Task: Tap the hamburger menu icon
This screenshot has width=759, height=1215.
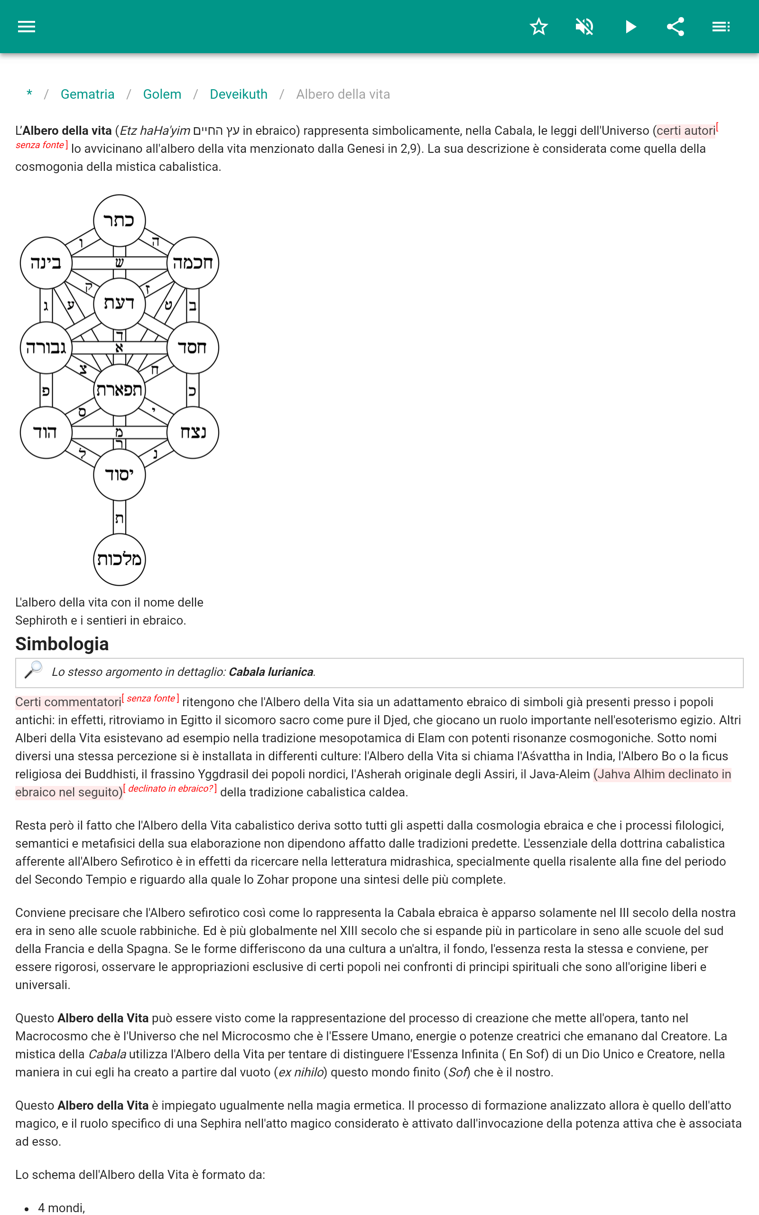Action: pos(27,27)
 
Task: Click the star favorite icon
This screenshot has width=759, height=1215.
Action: pos(538,27)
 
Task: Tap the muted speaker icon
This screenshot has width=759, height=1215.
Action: pos(584,27)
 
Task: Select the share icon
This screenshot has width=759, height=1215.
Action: pos(676,27)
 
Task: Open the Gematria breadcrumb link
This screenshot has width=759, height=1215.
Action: pos(87,94)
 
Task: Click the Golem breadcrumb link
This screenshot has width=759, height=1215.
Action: pos(162,94)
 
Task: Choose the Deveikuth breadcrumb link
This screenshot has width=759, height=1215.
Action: pos(239,94)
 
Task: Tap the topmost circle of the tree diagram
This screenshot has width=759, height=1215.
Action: pos(120,220)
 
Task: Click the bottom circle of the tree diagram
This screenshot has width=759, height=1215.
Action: pos(120,559)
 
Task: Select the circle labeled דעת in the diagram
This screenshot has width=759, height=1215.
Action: pos(120,304)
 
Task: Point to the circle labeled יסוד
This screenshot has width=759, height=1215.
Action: pos(120,475)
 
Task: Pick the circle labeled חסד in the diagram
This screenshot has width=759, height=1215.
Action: pos(193,347)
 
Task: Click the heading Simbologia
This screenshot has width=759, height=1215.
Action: pos(62,644)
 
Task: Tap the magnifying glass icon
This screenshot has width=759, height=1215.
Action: pos(34,670)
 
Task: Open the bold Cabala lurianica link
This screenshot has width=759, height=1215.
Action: pos(271,672)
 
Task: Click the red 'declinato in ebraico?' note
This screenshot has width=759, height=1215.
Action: pos(171,789)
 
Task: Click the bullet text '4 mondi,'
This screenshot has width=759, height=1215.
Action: pos(61,1207)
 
